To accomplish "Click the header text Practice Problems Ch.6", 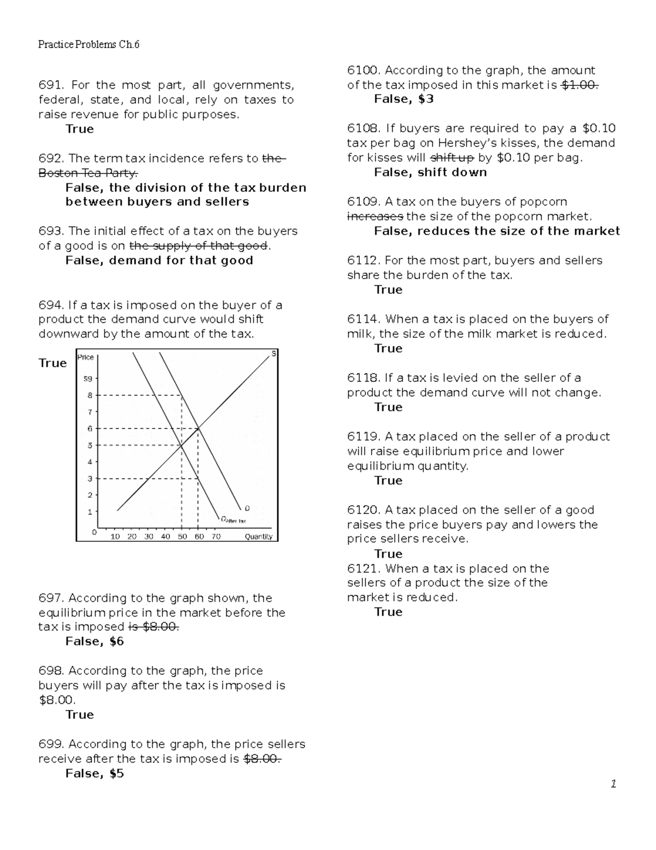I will (89, 44).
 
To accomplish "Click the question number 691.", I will (51, 85).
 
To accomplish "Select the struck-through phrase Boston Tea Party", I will (88, 172).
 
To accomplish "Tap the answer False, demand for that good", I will (159, 261).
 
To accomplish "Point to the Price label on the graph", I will (86, 357).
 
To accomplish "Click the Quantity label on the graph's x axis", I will (258, 536).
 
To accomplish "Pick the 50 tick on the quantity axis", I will (182, 536).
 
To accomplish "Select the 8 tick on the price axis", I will (90, 395).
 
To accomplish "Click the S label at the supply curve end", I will (274, 354).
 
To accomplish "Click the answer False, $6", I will (95, 641).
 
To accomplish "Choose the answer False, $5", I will (95, 773).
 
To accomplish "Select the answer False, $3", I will (403, 99).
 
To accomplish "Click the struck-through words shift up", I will (452, 158).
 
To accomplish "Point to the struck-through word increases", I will (375, 216).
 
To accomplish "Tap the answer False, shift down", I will (430, 172).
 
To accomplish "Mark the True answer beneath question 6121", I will (388, 612).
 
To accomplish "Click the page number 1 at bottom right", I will (613, 784).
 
